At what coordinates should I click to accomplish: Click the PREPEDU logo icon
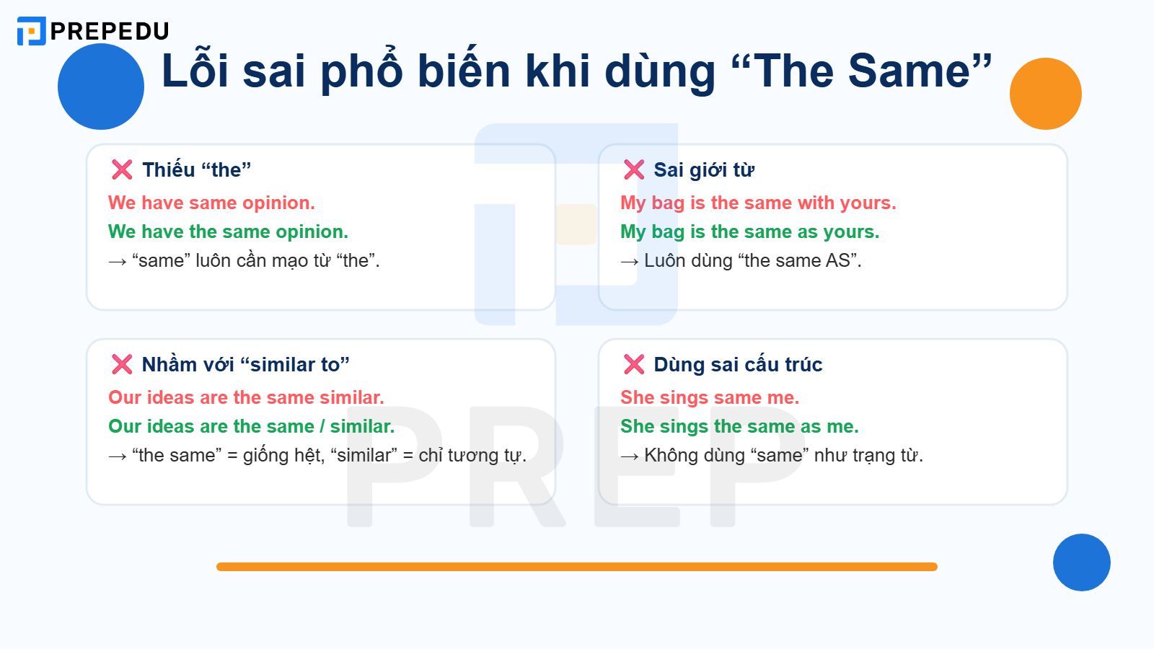31,31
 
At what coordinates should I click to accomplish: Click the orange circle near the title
1045,94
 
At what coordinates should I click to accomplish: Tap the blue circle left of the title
101,87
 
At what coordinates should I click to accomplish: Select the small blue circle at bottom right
1081,562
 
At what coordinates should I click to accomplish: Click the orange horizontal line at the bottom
577,567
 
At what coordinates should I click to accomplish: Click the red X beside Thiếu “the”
122,169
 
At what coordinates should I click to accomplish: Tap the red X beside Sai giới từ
634,169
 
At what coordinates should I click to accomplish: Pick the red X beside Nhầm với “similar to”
122,364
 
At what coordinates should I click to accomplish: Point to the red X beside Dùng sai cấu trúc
634,364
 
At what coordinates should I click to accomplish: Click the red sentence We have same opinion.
211,203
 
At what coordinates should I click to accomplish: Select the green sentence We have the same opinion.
228,231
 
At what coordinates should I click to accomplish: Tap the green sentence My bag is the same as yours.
749,231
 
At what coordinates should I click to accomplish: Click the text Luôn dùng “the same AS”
752,260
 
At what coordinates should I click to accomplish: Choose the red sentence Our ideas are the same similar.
246,397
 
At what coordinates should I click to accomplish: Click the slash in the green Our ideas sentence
322,427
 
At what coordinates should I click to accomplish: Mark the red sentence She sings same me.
709,397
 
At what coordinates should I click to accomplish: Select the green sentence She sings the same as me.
739,426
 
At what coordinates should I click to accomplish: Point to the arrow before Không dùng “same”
629,456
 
